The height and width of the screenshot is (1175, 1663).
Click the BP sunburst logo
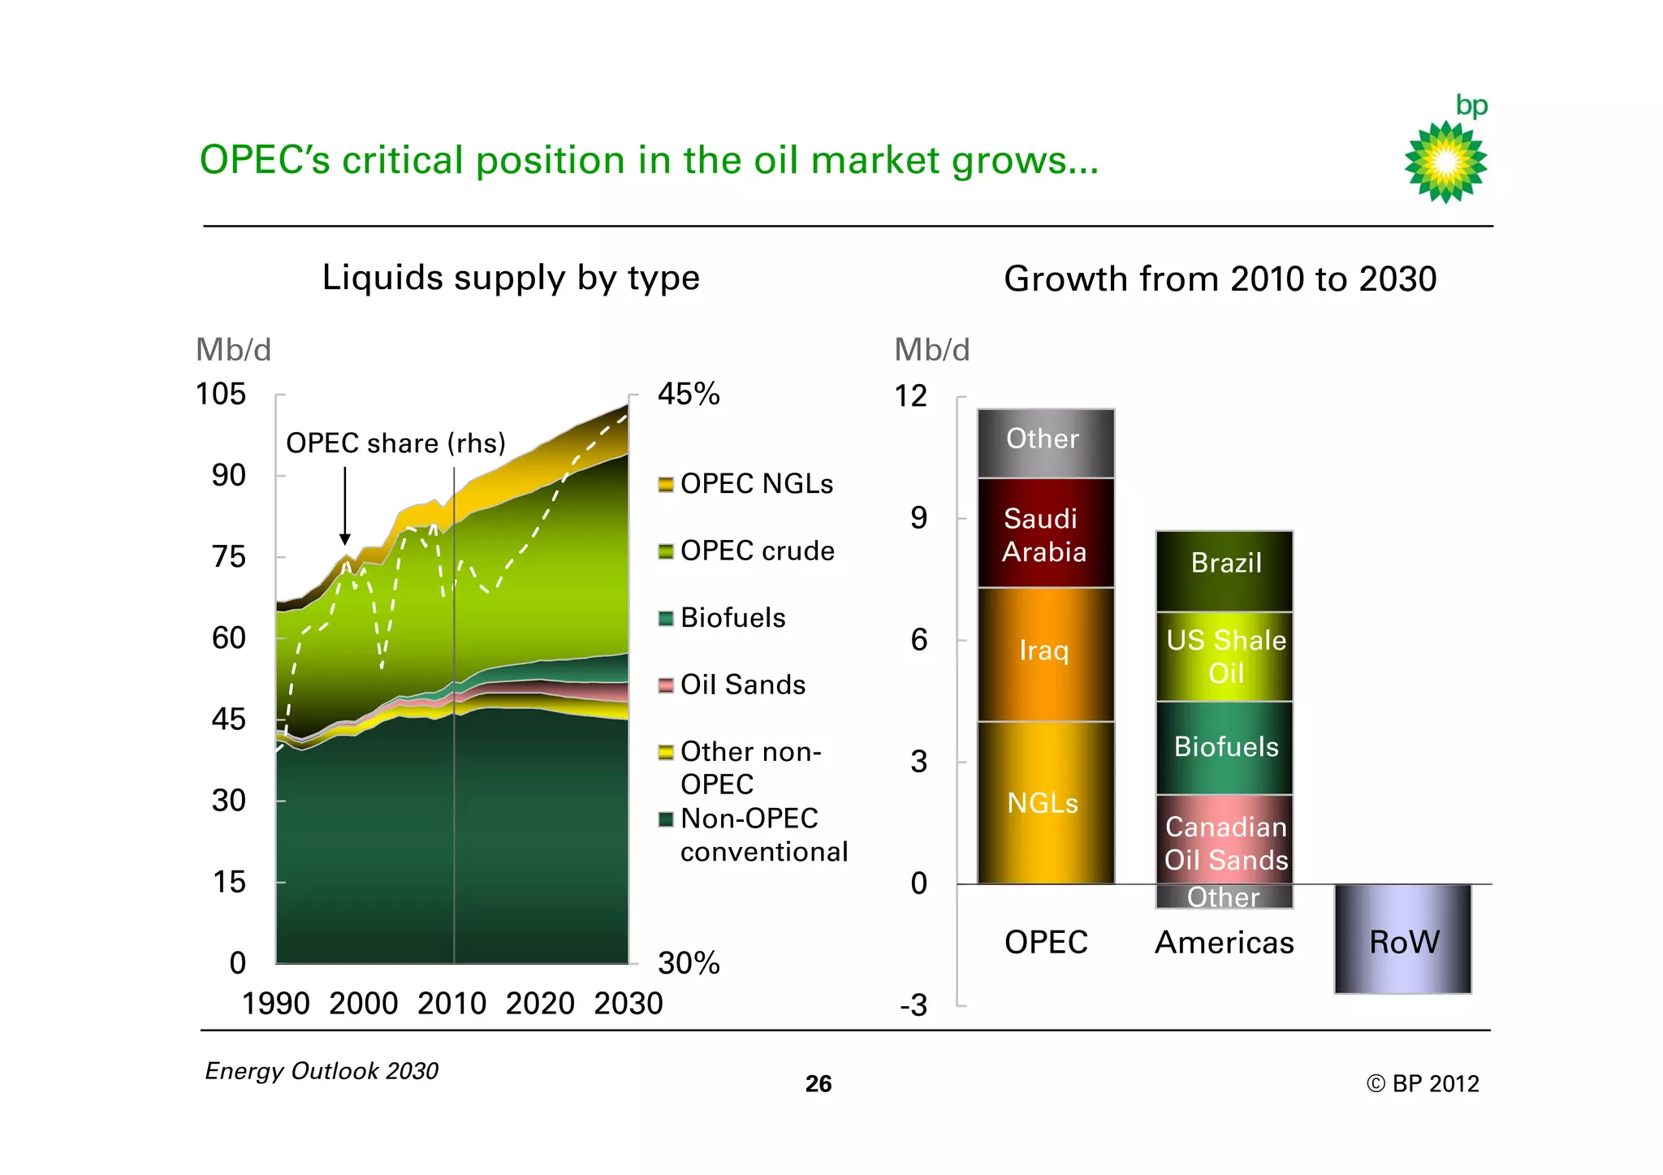(1445, 161)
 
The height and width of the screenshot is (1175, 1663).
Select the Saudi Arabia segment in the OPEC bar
(1045, 534)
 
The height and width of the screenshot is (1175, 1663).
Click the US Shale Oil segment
(1225, 656)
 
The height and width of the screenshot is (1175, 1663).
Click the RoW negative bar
(1402, 940)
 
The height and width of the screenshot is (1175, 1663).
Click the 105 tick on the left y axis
(221, 395)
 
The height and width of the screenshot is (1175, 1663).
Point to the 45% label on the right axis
(688, 395)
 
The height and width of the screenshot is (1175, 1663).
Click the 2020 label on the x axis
(540, 1004)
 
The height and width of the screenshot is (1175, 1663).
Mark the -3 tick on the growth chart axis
(914, 1006)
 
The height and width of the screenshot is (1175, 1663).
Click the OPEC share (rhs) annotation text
(395, 443)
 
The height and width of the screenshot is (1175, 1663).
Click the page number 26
(819, 1084)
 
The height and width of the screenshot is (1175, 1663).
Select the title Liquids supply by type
(511, 278)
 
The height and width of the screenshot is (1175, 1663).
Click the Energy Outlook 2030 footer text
(322, 1071)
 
